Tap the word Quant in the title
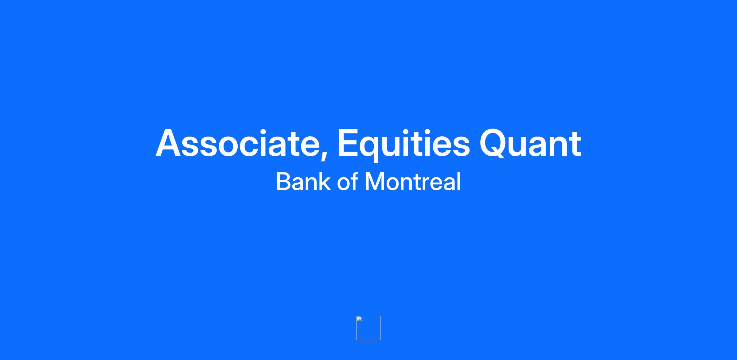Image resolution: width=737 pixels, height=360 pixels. tap(530, 143)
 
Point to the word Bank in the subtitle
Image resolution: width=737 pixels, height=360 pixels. tap(303, 181)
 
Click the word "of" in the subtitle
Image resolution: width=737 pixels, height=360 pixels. tap(347, 181)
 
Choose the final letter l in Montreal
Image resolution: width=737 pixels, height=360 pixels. tap(459, 181)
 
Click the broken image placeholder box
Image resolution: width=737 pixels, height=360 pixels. tap(368, 328)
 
